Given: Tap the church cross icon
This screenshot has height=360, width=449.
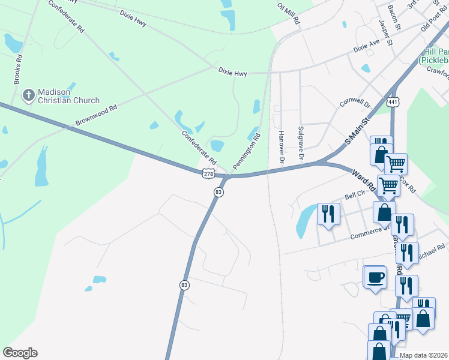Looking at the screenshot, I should click(x=28, y=95).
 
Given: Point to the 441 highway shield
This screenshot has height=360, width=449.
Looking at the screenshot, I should click(x=393, y=103).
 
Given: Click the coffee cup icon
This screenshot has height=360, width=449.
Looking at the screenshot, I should click(x=376, y=277).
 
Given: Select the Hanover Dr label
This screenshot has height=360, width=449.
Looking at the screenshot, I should click(x=280, y=147).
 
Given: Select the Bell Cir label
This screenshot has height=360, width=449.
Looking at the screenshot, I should click(x=354, y=196).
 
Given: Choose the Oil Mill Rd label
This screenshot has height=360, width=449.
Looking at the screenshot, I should click(x=288, y=12).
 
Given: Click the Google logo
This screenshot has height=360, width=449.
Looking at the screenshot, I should click(x=20, y=352).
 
